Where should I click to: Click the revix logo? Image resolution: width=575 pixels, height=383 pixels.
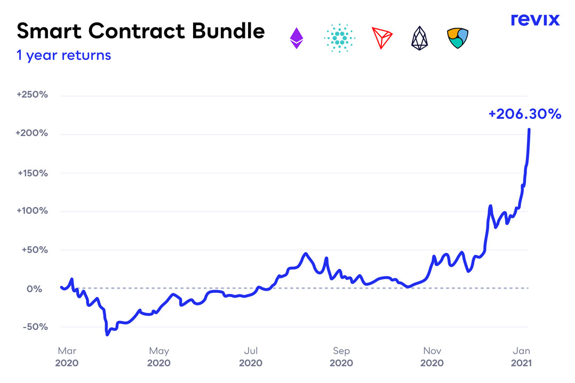[535, 20]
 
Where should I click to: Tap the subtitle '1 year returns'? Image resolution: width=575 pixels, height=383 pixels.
[64, 55]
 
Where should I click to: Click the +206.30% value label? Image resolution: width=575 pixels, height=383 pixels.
[524, 114]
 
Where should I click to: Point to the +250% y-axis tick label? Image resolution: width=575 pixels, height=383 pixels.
[32, 95]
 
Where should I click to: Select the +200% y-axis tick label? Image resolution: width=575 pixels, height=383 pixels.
[32, 133]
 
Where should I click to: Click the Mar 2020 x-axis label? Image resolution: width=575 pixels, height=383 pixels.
[67, 356]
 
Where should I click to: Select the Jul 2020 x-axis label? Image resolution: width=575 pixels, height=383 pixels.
[251, 356]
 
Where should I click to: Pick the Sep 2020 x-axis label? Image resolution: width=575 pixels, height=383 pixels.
[341, 356]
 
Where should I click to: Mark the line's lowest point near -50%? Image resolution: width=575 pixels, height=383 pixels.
[107, 334]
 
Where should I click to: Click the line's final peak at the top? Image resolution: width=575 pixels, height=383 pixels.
[529, 130]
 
